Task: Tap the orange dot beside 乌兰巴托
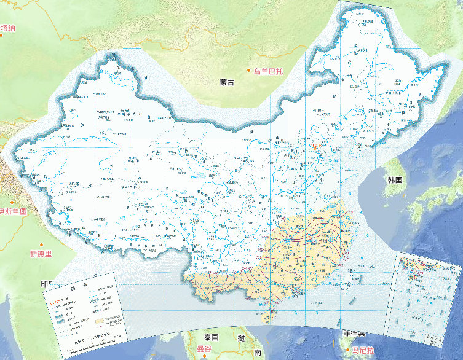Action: point(250,71)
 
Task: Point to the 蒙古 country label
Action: point(226,82)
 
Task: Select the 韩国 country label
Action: point(394,180)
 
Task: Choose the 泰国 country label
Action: point(212,337)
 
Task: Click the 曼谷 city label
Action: point(204,348)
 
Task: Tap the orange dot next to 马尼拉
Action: point(347,350)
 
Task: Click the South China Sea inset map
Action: point(428,295)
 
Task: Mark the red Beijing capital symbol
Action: point(315,147)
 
